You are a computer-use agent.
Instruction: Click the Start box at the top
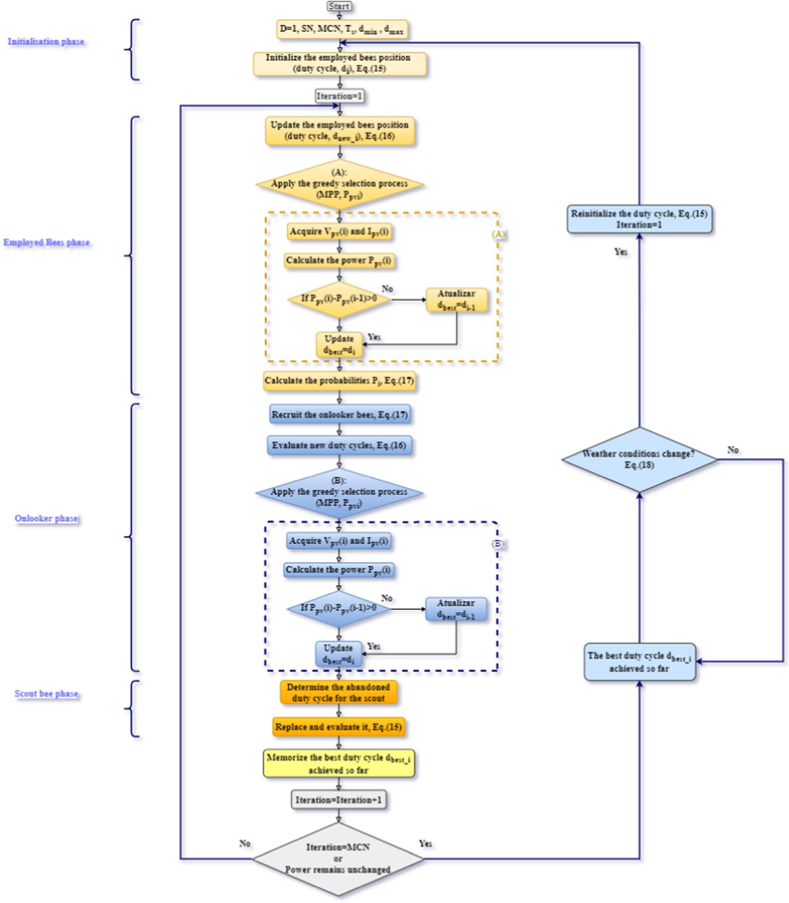(x=339, y=6)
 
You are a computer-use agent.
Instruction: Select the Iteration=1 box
(x=340, y=96)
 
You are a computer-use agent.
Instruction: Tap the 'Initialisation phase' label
(x=46, y=42)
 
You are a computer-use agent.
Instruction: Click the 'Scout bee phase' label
(x=47, y=694)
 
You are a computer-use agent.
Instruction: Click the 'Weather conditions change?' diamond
(x=639, y=460)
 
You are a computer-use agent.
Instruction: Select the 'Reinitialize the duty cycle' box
(x=639, y=219)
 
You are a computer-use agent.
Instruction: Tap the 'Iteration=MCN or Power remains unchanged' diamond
(x=338, y=859)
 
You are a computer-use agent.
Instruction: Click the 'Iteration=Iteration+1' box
(x=338, y=799)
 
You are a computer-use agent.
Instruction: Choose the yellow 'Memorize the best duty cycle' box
(x=338, y=763)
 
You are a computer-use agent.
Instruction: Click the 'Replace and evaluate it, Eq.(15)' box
(x=338, y=727)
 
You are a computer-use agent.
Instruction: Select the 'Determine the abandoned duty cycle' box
(x=338, y=693)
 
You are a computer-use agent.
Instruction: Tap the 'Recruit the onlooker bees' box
(x=340, y=415)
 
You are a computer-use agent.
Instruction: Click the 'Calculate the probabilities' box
(x=340, y=381)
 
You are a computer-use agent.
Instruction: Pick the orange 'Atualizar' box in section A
(x=456, y=300)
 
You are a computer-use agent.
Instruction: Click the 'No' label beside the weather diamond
(x=733, y=450)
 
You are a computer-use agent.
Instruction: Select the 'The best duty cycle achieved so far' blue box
(x=639, y=662)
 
